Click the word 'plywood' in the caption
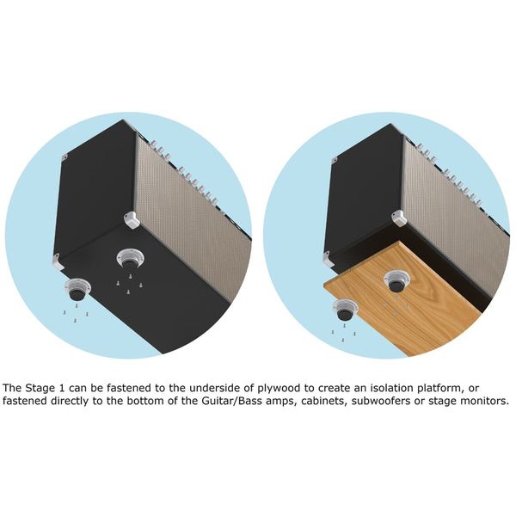click(274, 387)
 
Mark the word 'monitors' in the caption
click(483, 401)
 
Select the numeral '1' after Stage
click(70, 387)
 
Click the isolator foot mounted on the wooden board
click(396, 279)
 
